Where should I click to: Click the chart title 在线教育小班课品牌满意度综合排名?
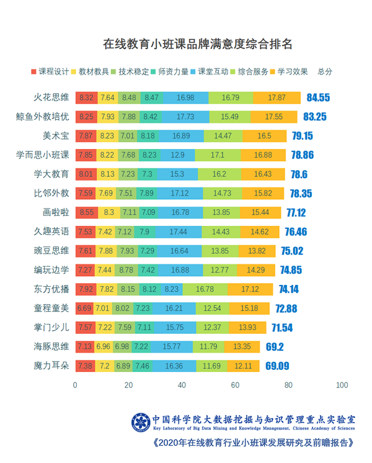[197, 45]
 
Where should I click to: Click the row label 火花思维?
[51, 97]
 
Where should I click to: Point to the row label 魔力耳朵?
[51, 366]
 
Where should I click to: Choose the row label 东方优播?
[51, 289]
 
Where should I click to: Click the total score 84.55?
[317, 97]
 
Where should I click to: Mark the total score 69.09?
[277, 366]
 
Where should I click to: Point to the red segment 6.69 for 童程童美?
[84, 308]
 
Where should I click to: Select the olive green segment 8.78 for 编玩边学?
[126, 270]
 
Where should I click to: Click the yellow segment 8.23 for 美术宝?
[107, 136]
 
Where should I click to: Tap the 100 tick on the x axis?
[342, 385]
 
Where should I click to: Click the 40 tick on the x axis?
[182, 385]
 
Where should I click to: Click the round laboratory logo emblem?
[140, 423]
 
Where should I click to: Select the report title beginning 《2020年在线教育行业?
[253, 443]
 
